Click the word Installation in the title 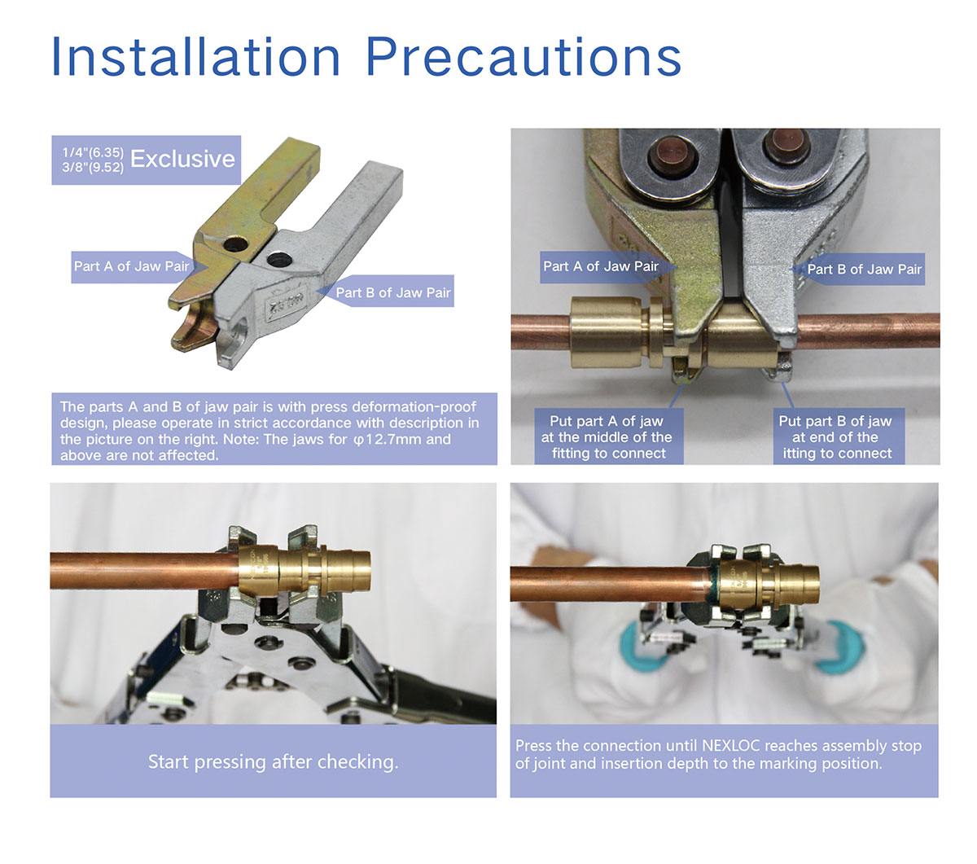[x=195, y=57]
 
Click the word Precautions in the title [x=524, y=57]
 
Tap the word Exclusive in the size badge [x=182, y=159]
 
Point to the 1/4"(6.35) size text [x=93, y=152]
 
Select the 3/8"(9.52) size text [x=93, y=168]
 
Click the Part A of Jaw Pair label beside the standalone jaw [x=131, y=266]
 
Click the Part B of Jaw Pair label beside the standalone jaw [x=393, y=292]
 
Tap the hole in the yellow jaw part [x=236, y=244]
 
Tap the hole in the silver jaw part [x=279, y=260]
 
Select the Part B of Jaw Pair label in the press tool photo [x=864, y=270]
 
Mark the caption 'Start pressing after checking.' [x=273, y=761]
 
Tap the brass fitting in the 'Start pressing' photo [x=304, y=570]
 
